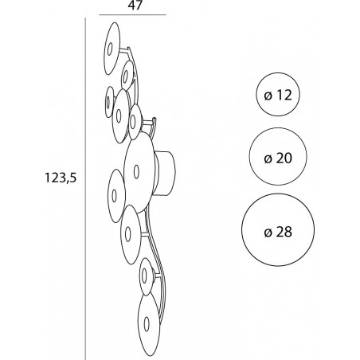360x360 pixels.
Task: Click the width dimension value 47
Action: point(135,6)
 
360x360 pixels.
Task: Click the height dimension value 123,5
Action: point(61,178)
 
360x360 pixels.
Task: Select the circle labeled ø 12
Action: point(278,94)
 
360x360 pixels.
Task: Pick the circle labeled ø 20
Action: point(278,157)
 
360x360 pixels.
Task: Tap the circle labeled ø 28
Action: point(278,230)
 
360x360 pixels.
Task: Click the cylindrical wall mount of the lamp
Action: point(166,174)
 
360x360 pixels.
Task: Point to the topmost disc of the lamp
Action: point(112,49)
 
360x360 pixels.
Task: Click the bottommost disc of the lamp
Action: point(149,324)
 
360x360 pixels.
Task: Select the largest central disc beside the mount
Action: point(139,172)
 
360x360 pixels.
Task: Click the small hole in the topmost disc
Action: point(110,49)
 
